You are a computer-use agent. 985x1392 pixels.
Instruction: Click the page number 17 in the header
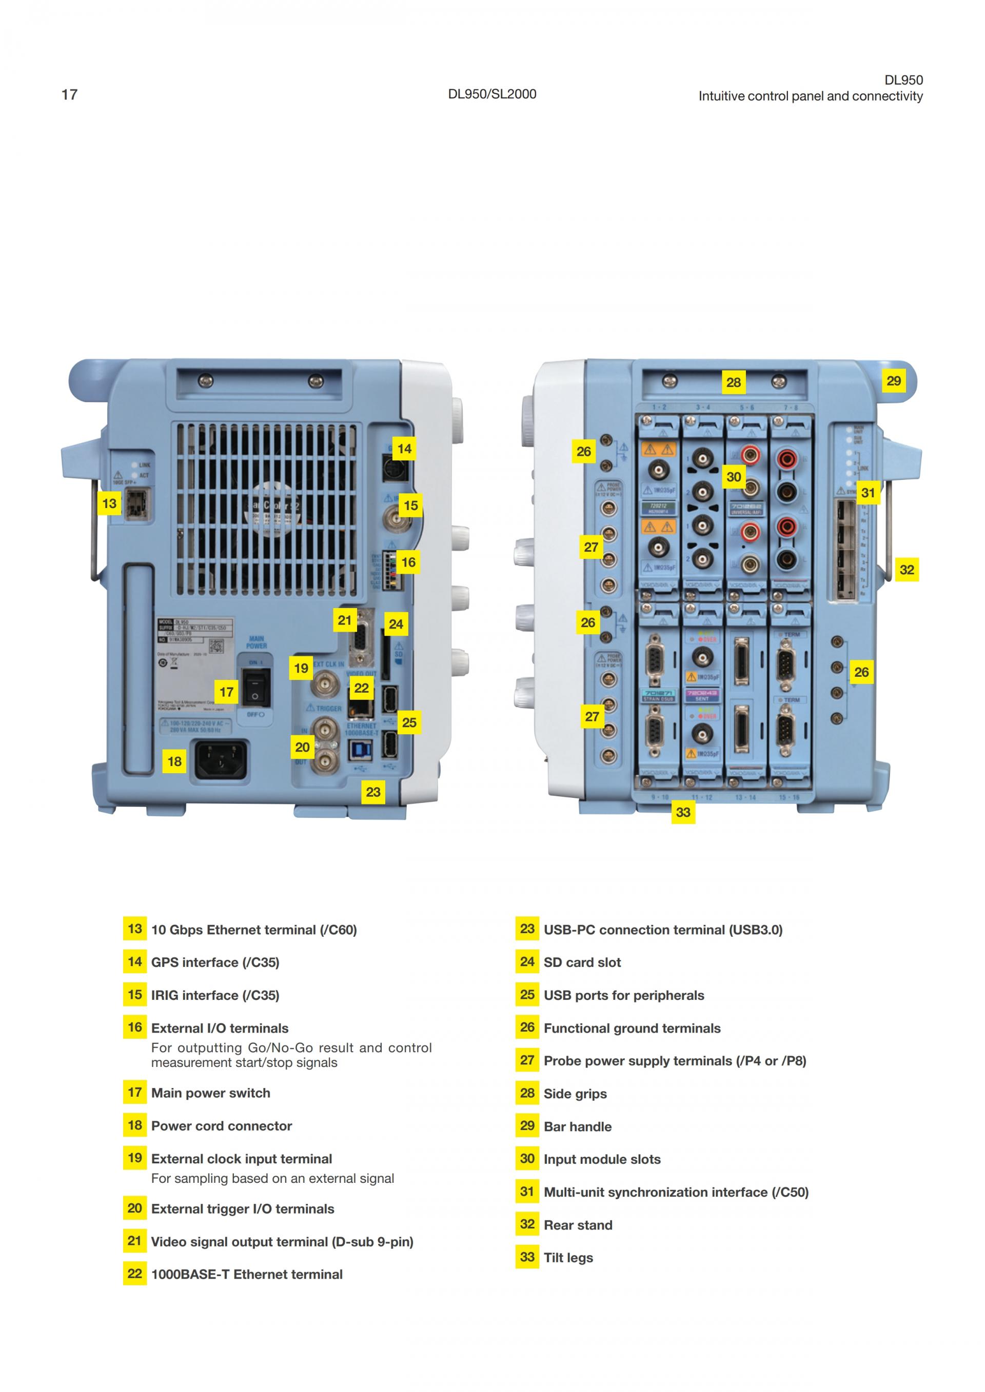click(x=69, y=94)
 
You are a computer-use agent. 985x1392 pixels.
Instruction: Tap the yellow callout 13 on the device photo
click(x=109, y=503)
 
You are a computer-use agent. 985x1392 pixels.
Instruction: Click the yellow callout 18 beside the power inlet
click(x=174, y=761)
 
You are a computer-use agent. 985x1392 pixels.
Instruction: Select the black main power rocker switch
click(x=255, y=688)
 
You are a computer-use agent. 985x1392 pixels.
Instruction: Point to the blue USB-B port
click(x=361, y=751)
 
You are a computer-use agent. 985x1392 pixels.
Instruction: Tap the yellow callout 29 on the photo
click(x=893, y=381)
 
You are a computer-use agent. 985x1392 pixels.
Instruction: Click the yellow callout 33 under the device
click(x=683, y=813)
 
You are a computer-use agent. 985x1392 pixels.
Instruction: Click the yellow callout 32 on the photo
click(x=907, y=570)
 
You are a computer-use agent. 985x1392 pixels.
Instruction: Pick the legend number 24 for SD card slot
click(x=527, y=961)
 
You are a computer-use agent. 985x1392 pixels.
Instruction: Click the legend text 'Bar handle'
click(x=578, y=1126)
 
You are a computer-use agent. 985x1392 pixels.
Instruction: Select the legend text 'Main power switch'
click(x=210, y=1093)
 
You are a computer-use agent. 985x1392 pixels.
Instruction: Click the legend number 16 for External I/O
click(x=134, y=1027)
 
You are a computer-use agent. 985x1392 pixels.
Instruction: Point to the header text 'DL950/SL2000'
click(x=492, y=94)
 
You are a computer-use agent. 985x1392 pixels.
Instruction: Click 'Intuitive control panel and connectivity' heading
click(x=811, y=96)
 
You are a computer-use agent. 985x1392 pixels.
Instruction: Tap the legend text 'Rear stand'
click(x=578, y=1225)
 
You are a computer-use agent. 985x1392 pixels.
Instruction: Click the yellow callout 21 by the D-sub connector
click(x=345, y=620)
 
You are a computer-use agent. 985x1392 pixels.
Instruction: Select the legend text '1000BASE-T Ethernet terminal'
click(x=247, y=1275)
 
